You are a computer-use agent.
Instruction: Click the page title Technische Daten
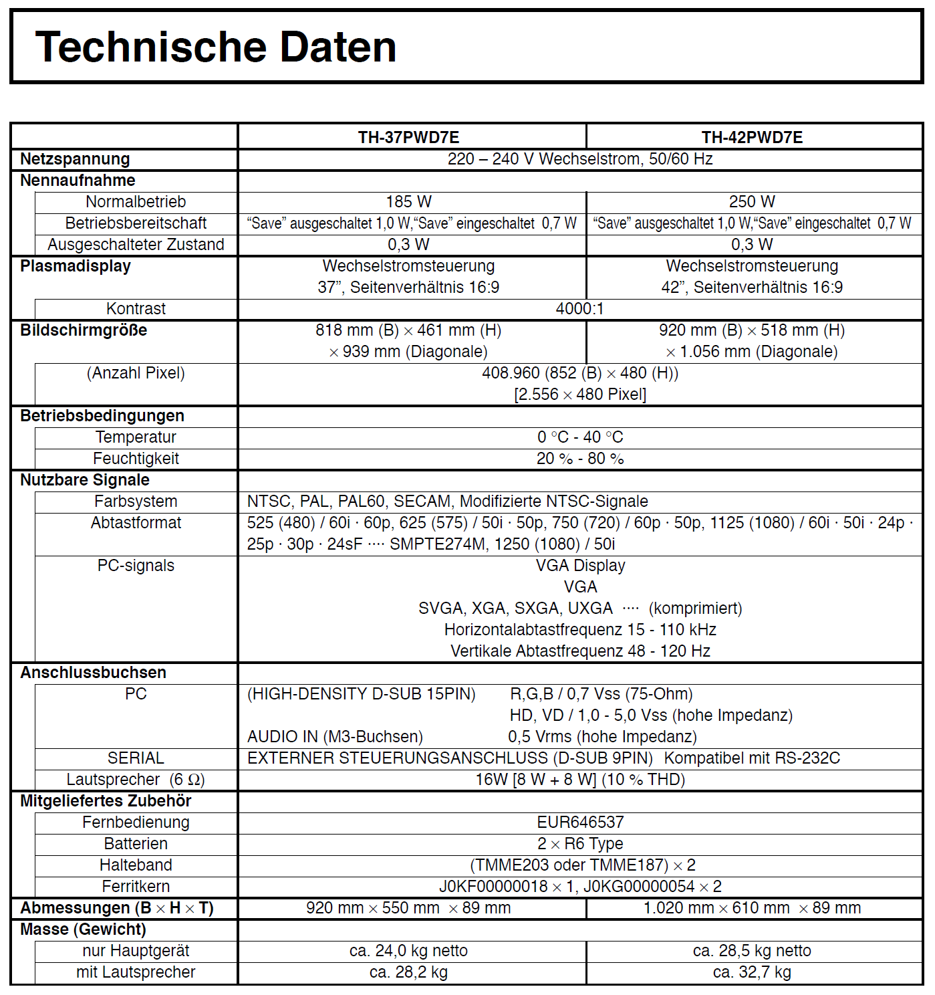[215, 47]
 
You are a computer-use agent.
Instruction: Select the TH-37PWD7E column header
[408, 137]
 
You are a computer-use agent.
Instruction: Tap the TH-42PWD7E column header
[752, 137]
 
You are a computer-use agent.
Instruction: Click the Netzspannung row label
[75, 159]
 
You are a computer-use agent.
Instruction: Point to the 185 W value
[408, 202]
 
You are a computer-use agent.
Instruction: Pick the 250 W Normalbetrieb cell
[752, 202]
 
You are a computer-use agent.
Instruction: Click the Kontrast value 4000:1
[579, 309]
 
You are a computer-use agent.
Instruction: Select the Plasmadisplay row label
[76, 266]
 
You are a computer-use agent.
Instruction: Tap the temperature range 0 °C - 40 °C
[579, 437]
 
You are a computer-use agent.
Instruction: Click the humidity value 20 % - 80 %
[579, 459]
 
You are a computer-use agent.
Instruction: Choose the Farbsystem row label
[136, 502]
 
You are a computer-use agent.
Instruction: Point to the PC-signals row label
[136, 566]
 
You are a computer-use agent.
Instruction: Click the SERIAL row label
[136, 758]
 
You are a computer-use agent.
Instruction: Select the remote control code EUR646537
[579, 822]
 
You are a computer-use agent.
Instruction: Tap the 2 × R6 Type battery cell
[579, 844]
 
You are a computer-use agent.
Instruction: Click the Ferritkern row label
[136, 887]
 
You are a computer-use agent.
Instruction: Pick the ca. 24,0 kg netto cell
[408, 951]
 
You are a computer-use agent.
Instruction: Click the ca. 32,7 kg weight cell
[752, 972]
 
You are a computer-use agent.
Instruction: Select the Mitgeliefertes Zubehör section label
[106, 801]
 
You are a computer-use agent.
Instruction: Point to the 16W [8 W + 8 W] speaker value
[579, 780]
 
